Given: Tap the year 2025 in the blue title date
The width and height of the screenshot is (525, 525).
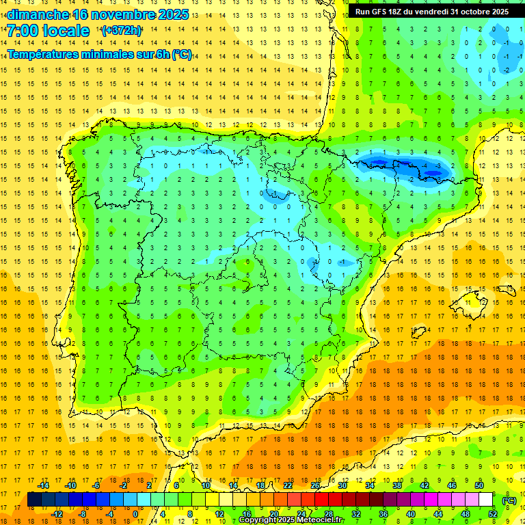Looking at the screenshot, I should point(175,14).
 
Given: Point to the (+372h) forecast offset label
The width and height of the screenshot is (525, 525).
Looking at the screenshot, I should point(122,31).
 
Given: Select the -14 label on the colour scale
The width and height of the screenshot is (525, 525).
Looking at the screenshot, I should point(44,485).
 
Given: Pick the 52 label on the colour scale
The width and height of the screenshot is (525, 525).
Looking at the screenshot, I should point(493,514).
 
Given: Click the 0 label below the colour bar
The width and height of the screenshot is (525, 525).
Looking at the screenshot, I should point(135,514).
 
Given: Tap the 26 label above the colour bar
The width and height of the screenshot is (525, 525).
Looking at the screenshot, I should point(315,485).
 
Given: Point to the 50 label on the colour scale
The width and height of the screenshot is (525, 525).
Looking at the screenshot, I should point(479,485).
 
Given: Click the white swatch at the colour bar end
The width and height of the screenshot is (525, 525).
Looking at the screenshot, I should point(486,500).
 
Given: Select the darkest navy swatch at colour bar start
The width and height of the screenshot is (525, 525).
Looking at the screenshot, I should point(34,500).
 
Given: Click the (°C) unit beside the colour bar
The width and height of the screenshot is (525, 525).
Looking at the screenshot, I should point(509,500).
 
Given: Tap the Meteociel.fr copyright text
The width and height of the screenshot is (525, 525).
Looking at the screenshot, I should point(291,520).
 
